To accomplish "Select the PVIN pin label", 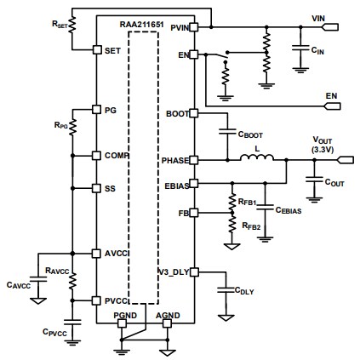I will coord(180,28).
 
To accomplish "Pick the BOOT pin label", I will coord(178,112).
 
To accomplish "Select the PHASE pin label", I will coord(175,159).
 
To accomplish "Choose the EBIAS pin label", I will coord(176,182).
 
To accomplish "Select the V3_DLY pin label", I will coord(174,271).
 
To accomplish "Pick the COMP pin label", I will coord(115,156).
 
